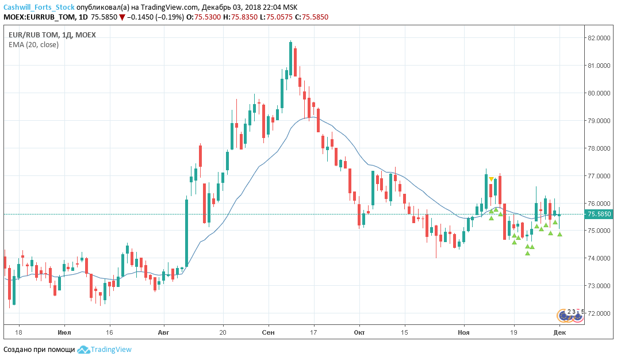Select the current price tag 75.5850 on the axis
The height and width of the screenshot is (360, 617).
[599, 215]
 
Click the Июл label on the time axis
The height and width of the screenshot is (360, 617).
[64, 332]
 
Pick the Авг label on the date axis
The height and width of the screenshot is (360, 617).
[164, 332]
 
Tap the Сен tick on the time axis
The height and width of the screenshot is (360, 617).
[268, 332]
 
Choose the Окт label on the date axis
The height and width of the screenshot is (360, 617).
[359, 332]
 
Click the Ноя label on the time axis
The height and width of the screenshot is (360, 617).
[463, 332]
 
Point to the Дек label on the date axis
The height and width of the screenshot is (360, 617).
[560, 332]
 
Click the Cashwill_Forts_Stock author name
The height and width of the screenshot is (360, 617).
[39, 7]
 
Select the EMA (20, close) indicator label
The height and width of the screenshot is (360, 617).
[33, 44]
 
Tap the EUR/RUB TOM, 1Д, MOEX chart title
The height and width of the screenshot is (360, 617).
[52, 35]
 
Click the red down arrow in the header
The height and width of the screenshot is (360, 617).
[121, 17]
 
